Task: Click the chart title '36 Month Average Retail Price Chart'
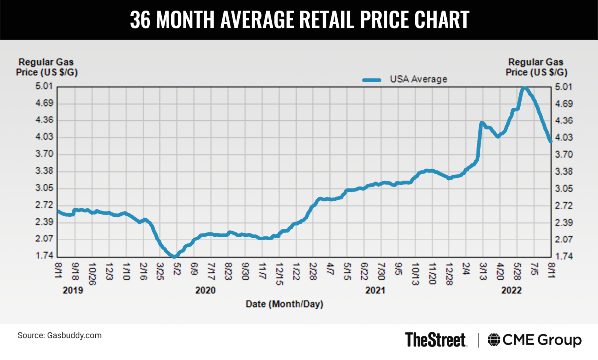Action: tap(299, 20)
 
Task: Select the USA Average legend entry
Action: tap(404, 79)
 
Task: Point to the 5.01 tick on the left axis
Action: tap(45, 87)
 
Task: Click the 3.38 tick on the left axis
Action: tap(45, 171)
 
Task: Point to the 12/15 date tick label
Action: tap(280, 271)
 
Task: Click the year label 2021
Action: tap(375, 290)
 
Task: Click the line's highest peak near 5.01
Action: tap(524, 89)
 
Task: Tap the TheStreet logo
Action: tap(436, 340)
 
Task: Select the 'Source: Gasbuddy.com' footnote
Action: tap(60, 335)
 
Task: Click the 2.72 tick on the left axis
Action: tap(45, 205)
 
